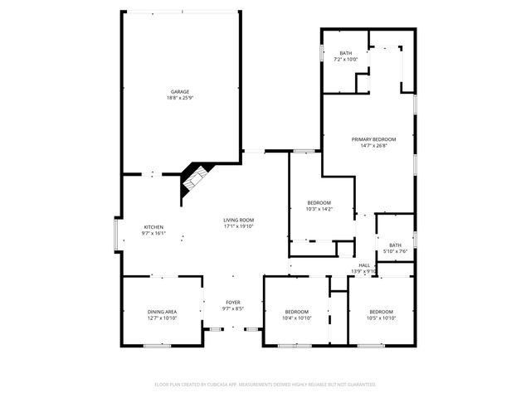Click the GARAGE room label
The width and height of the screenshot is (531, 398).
click(180, 91)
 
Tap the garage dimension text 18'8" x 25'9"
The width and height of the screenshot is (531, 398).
click(180, 98)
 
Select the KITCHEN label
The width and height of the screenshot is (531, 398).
click(153, 227)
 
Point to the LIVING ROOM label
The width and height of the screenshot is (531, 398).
click(237, 220)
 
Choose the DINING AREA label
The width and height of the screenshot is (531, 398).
click(162, 311)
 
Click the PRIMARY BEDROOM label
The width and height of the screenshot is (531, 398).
click(373, 139)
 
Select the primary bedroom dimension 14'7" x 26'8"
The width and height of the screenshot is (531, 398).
click(373, 146)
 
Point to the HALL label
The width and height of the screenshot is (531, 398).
click(364, 265)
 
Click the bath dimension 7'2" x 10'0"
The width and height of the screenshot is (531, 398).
click(345, 60)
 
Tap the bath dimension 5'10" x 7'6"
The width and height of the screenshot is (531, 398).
click(395, 251)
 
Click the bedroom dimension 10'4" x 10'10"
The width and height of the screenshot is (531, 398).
click(296, 318)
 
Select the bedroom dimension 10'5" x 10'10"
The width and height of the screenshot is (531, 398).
click(382, 318)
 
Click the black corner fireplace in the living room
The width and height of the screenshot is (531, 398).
click(194, 180)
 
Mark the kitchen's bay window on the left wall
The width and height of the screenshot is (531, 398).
click(117, 233)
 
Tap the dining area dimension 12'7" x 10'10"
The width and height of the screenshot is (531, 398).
click(162, 318)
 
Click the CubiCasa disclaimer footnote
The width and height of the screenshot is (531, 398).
click(265, 385)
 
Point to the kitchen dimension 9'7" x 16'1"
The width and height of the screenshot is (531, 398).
click(153, 234)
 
